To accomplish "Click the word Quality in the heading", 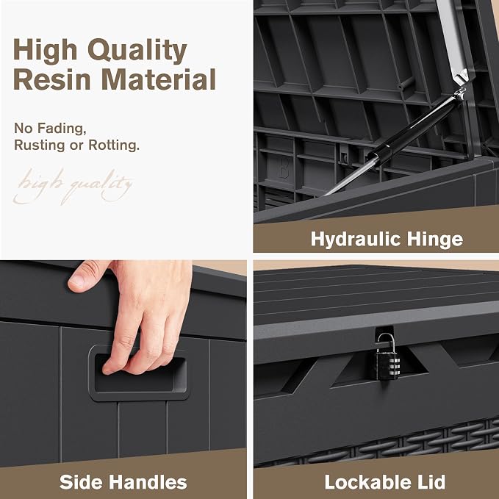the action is click(137, 51).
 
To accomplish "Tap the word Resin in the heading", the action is click(52, 79).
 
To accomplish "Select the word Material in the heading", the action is click(159, 79).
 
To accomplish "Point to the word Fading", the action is click(62, 129).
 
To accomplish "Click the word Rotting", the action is click(114, 145).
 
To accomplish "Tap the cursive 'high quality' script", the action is click(73, 186).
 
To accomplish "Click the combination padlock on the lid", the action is click(387, 357).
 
